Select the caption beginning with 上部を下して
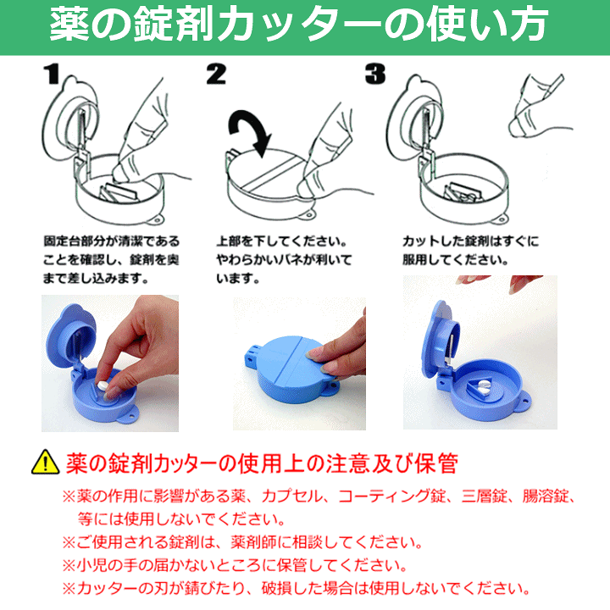[283, 258]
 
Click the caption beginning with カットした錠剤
[470, 250]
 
